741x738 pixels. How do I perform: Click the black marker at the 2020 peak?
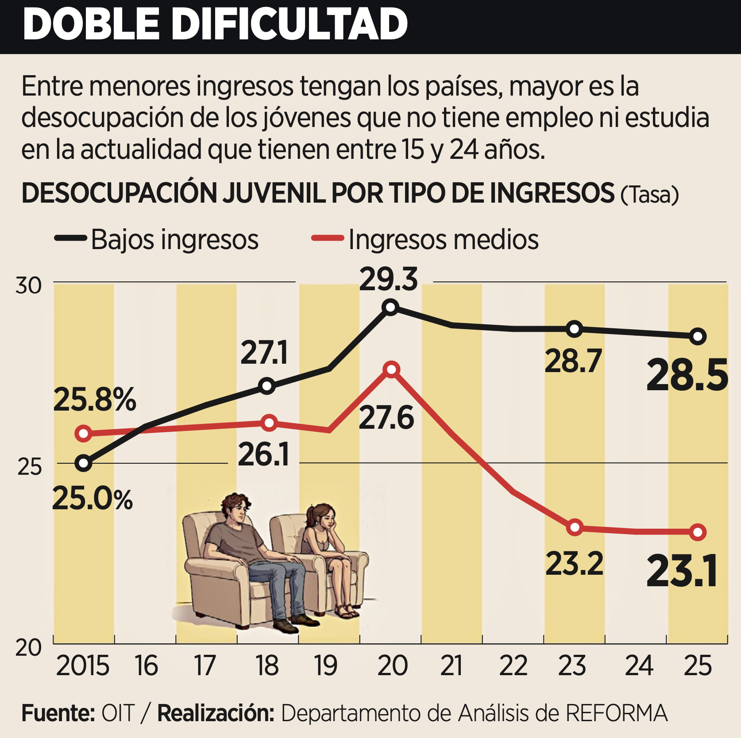pyautogui.click(x=390, y=307)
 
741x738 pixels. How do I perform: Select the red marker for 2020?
pyautogui.click(x=392, y=369)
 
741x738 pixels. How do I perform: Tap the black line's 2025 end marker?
pyautogui.click(x=698, y=336)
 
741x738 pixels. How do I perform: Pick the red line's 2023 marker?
pyautogui.click(x=575, y=527)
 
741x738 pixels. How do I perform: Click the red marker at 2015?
pyautogui.click(x=83, y=433)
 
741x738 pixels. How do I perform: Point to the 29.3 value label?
pyautogui.click(x=388, y=280)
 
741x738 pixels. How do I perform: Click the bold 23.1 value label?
pyautogui.click(x=682, y=572)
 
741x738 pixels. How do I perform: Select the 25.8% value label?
pyautogui.click(x=94, y=400)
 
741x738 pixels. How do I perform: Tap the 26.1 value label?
pyautogui.click(x=263, y=454)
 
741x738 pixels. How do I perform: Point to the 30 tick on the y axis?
pyautogui.click(x=28, y=285)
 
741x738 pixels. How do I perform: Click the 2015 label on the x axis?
pyautogui.click(x=83, y=665)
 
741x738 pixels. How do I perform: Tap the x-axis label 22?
pyautogui.click(x=513, y=665)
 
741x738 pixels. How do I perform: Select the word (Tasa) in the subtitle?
pyautogui.click(x=649, y=195)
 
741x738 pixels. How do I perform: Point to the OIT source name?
pyautogui.click(x=118, y=713)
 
